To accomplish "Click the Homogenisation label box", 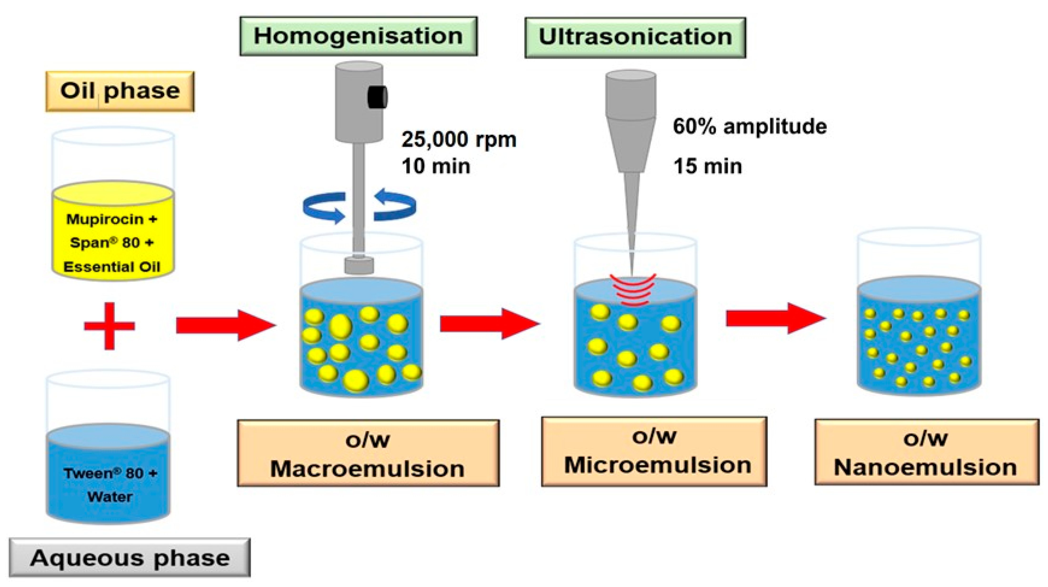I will (x=358, y=36).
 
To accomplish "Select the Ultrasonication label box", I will (x=635, y=37).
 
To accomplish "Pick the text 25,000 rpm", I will (x=459, y=139).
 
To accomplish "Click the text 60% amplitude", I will (x=749, y=126).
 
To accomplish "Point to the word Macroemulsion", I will (x=367, y=469).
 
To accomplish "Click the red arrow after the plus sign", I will (x=226, y=325).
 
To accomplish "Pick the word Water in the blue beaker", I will (x=110, y=497).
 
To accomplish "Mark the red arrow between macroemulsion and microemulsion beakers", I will (x=489, y=324).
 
